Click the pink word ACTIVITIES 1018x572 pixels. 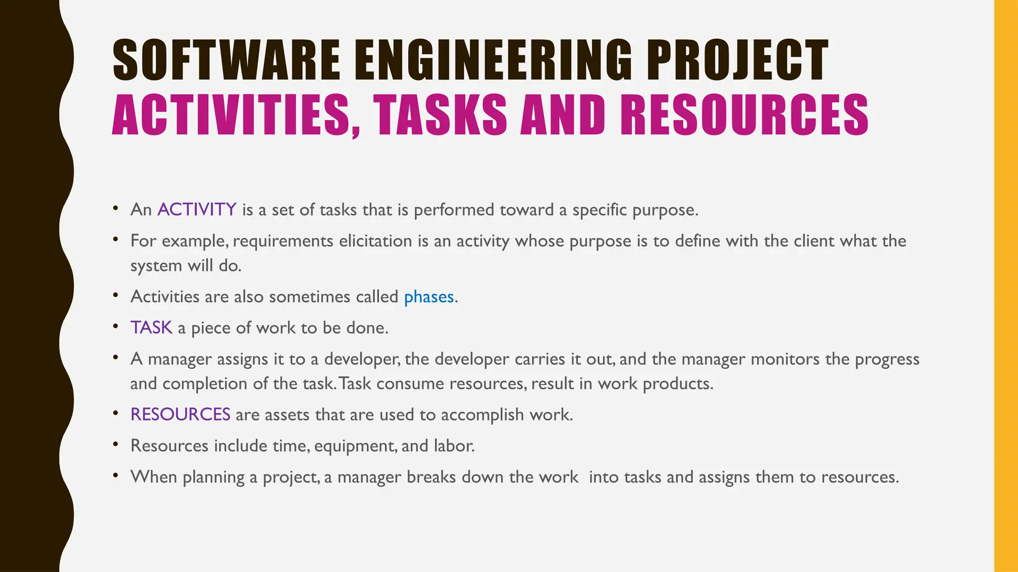tap(231, 115)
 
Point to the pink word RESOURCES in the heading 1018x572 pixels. tap(744, 115)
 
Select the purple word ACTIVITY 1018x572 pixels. tap(197, 210)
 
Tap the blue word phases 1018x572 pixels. tap(429, 297)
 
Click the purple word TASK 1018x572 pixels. tap(151, 328)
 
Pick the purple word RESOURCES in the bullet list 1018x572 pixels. tap(180, 415)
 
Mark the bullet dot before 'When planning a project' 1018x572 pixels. tap(115, 476)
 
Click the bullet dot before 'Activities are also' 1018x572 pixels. tap(115, 295)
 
